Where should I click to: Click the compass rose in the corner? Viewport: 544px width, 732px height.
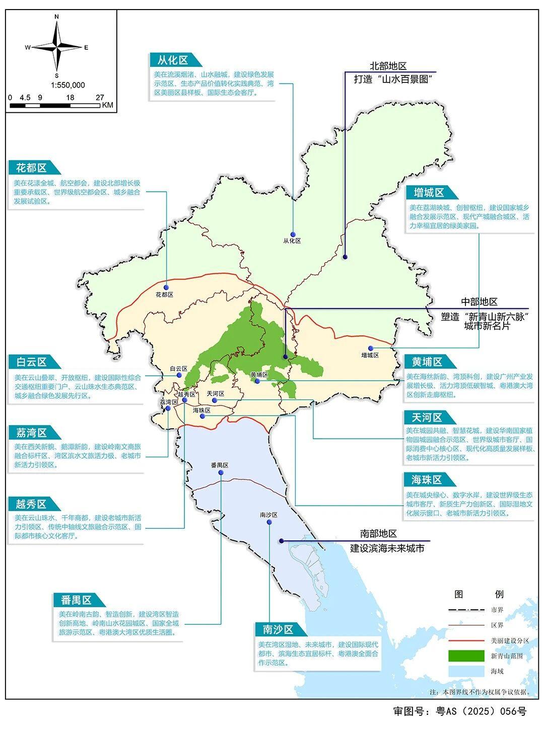57,47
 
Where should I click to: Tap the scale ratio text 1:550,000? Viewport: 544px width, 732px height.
67,85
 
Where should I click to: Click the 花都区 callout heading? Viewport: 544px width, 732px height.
31,168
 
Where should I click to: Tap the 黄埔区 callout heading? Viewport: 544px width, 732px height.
427,362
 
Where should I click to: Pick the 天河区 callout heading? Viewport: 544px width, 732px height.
427,418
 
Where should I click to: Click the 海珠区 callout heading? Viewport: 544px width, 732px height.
427,479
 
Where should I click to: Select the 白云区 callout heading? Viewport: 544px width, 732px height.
31,362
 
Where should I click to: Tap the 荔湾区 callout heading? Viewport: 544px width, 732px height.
31,433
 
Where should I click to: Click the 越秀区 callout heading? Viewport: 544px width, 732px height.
31,504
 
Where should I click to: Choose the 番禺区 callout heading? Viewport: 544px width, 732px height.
76,600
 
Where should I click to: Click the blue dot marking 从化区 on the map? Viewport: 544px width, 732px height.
292,232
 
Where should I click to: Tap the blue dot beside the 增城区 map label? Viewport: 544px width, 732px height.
370,348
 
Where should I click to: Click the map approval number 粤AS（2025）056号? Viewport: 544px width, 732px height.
459,711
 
